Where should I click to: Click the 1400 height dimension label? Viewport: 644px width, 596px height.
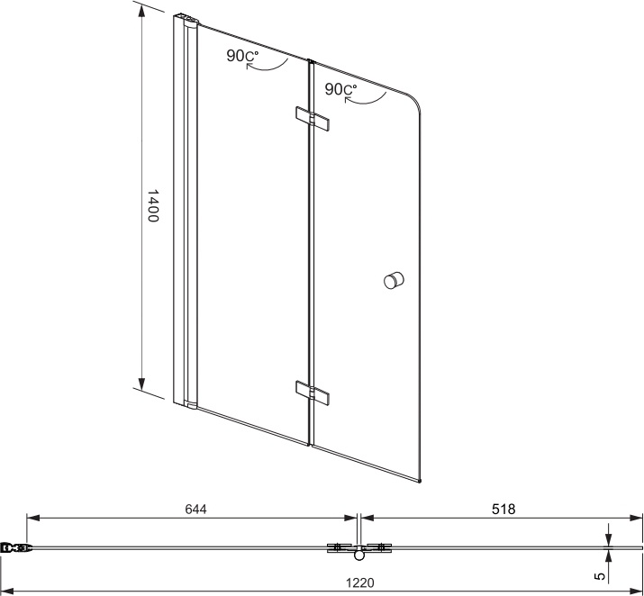pos(153,205)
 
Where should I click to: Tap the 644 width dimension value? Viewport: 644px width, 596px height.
pos(196,509)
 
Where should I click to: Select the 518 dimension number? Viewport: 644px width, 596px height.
pos(503,509)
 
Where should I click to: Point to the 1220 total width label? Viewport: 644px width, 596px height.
pos(360,582)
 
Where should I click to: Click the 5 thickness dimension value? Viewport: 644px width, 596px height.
pos(600,576)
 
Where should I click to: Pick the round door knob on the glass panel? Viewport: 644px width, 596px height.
pos(394,281)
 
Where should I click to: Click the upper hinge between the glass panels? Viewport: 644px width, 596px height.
pos(313,120)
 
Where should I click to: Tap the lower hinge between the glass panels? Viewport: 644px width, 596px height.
pos(313,393)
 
